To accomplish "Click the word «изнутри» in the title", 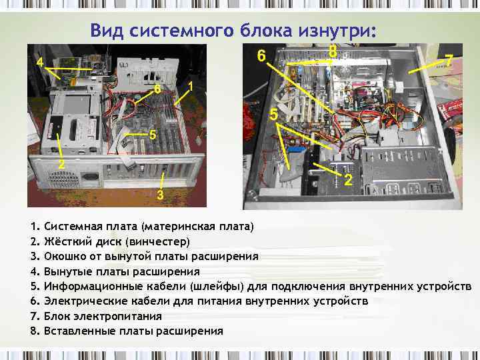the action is [337, 31].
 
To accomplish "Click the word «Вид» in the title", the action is [107, 30].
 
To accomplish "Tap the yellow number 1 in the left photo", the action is [191, 87].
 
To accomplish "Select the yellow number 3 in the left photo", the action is [161, 195].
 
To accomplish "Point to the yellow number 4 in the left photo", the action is [40, 63].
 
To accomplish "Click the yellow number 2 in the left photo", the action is [61, 164].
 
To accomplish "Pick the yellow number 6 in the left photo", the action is [157, 89].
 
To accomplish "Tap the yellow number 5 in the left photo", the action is [153, 135].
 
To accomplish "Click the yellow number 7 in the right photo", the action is [449, 60].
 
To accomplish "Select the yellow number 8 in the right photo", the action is [333, 51].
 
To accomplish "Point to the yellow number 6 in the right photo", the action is [261, 56].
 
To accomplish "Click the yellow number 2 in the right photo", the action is [348, 180].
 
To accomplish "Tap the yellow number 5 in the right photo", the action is [273, 115].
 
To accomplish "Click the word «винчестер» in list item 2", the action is [157, 241].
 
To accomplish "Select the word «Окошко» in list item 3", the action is [65, 256].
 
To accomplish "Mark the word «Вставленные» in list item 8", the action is [79, 331].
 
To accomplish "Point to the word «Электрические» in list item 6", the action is [85, 301].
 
